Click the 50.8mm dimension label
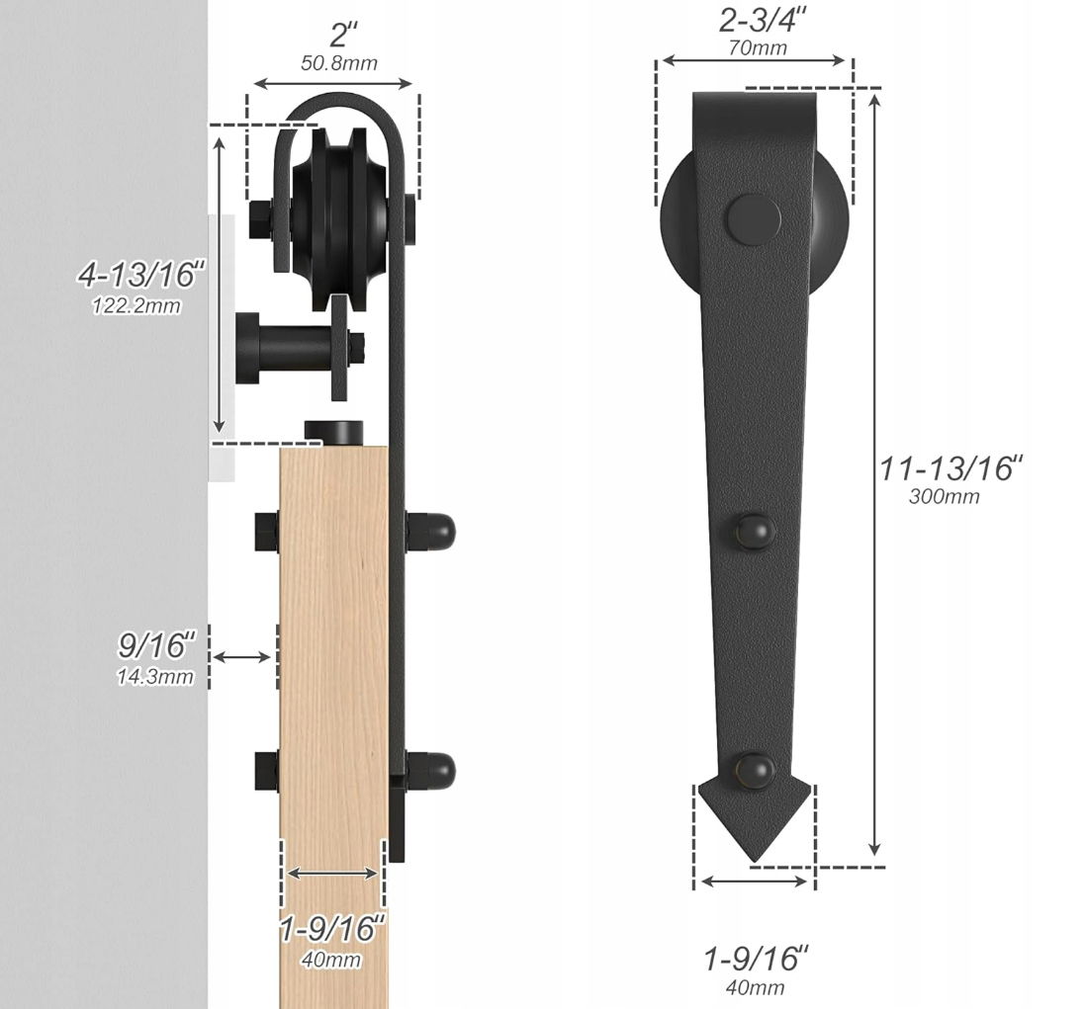tap(338, 63)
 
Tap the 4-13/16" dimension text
tap(142, 275)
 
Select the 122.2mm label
tap(136, 305)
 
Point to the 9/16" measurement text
tap(157, 645)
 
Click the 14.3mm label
tap(154, 676)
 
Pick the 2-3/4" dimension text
tap(762, 21)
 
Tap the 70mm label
tap(757, 47)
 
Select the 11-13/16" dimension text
tap(950, 468)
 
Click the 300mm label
tap(944, 496)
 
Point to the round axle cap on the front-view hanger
tap(754, 220)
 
